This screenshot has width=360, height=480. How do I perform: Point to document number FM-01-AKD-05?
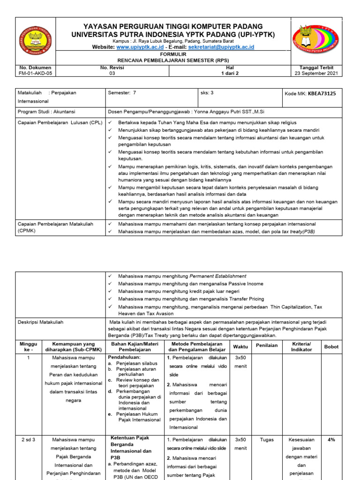(x=36, y=73)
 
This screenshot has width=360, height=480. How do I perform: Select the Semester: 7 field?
(x=122, y=93)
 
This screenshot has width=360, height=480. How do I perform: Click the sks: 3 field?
(x=207, y=93)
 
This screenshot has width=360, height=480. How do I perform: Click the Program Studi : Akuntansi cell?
(x=46, y=112)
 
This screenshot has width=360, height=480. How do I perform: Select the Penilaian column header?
(x=266, y=345)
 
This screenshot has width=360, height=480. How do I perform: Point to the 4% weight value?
(x=331, y=440)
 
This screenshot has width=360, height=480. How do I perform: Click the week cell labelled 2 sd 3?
(x=28, y=440)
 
